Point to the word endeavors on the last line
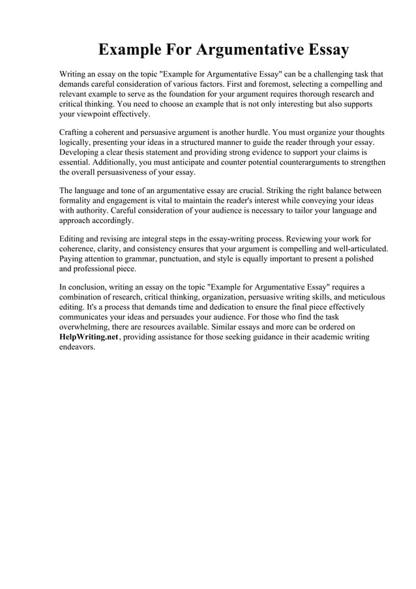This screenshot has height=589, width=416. (77, 348)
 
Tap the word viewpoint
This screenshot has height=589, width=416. (96, 114)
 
